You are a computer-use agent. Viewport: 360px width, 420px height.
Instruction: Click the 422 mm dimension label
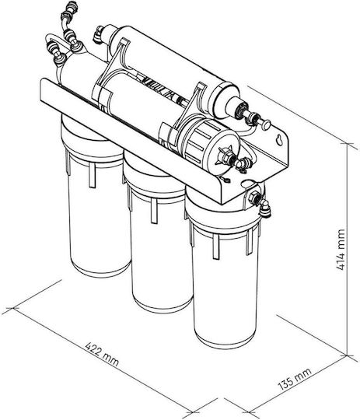click(102, 354)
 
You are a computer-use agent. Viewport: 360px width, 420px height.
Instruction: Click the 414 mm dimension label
click(341, 250)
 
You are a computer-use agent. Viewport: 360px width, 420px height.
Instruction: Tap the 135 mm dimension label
click(295, 379)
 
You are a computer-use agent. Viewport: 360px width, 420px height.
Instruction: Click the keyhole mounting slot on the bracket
click(280, 140)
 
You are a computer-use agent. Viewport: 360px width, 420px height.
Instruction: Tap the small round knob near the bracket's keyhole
click(265, 124)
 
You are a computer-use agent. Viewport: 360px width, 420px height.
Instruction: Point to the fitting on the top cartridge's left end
click(99, 35)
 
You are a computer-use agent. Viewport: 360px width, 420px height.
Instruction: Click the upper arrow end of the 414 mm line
click(348, 144)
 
